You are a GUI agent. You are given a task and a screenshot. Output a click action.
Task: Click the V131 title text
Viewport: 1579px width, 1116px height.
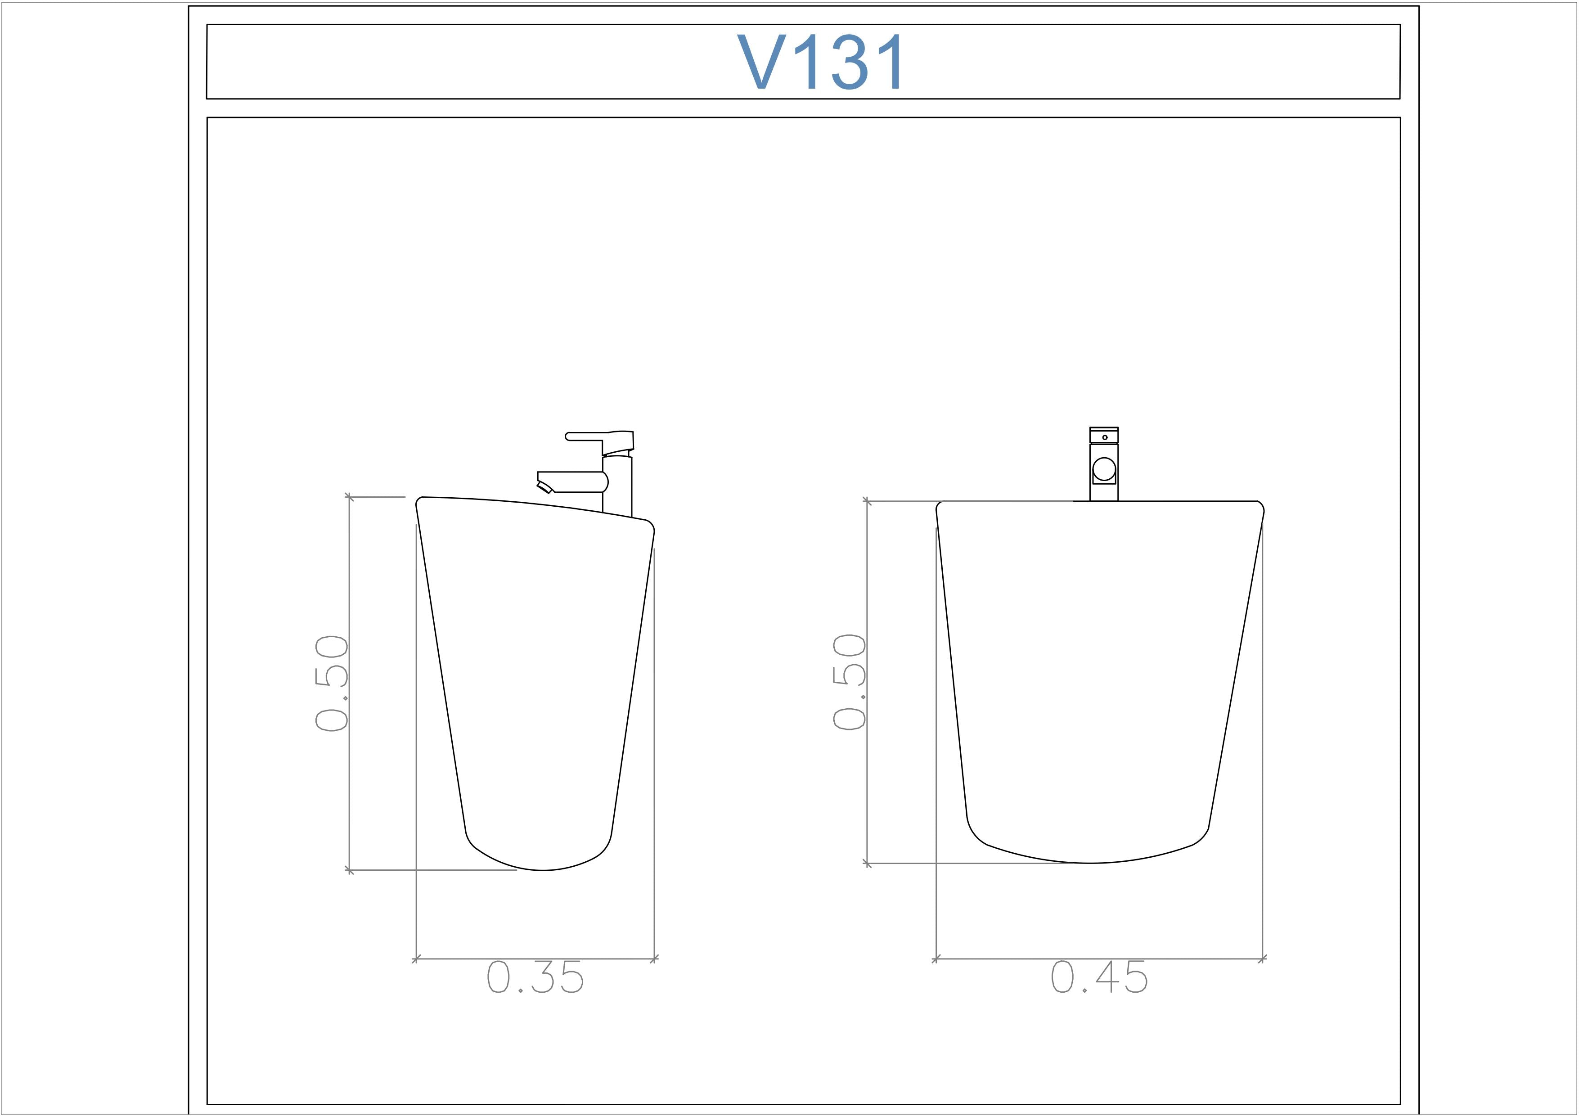821,62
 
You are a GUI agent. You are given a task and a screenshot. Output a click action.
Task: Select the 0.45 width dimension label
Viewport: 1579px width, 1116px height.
1099,977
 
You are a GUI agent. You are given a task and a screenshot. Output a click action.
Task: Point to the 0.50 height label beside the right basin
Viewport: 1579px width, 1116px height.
849,681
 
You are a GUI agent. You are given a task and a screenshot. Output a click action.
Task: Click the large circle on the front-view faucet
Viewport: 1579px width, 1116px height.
1104,469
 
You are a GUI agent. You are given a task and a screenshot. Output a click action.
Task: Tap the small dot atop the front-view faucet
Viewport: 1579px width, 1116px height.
1104,437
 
